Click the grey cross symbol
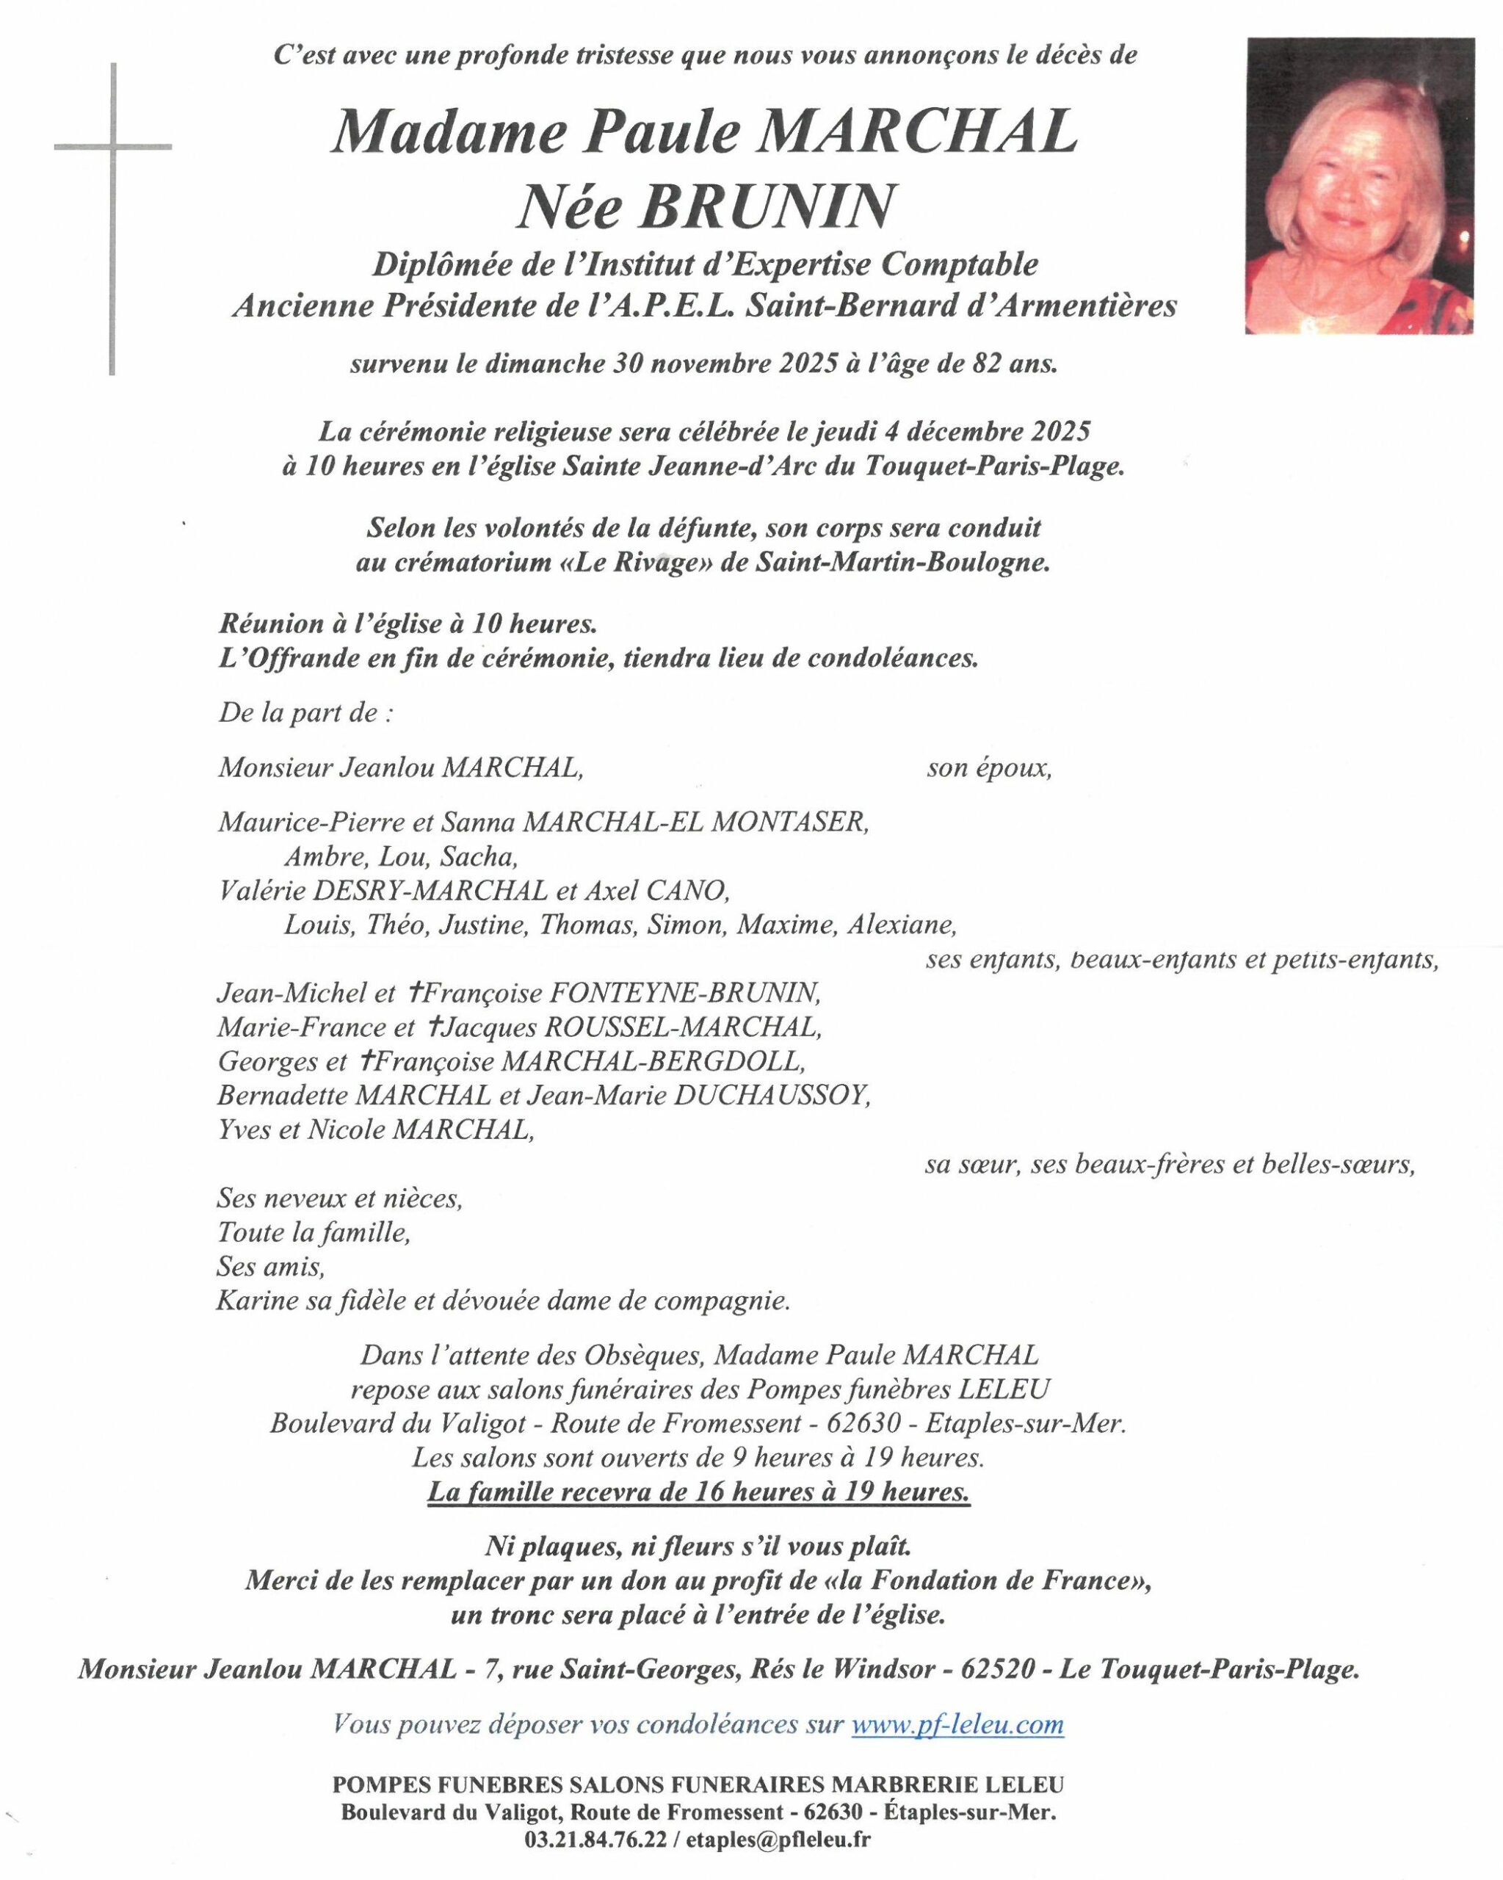(x=112, y=146)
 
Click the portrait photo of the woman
(x=1359, y=186)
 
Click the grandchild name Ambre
(x=326, y=856)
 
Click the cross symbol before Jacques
(x=434, y=1027)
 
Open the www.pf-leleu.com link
(x=957, y=1724)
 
